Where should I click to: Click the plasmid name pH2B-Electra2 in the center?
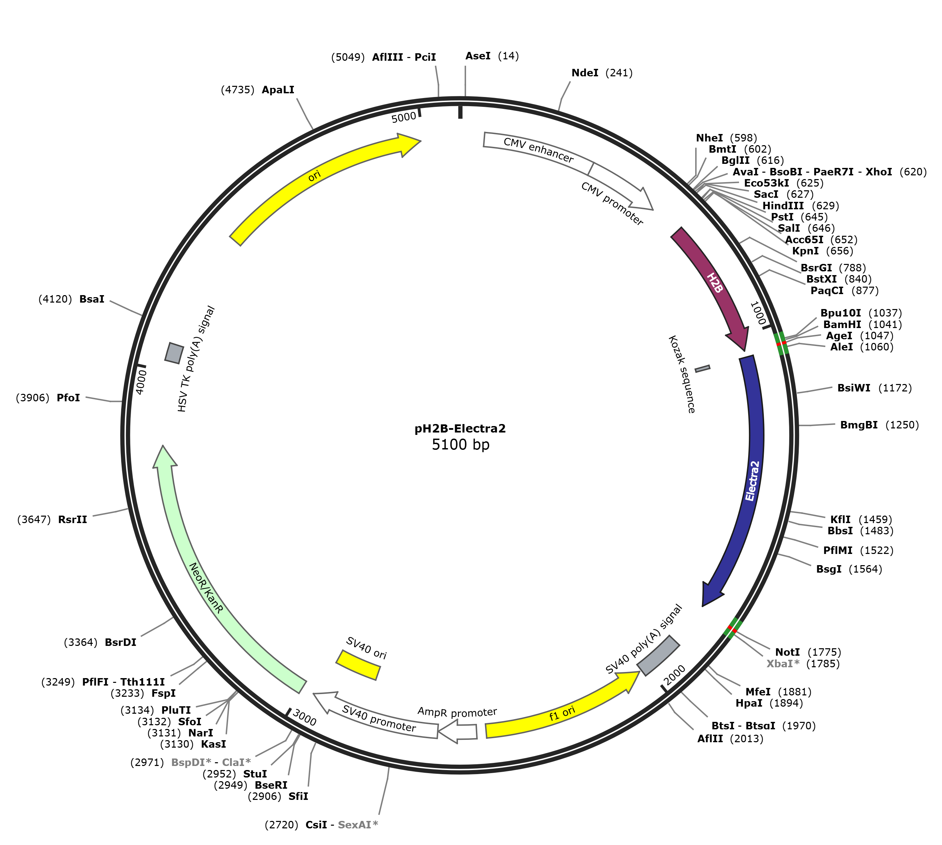[x=460, y=428]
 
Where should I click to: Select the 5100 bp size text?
[x=460, y=445]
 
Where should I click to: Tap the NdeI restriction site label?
[x=585, y=73]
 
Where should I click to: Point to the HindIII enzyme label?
[x=783, y=206]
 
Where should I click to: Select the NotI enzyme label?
[x=787, y=652]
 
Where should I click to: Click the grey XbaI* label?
[x=783, y=664]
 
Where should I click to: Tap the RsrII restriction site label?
[x=72, y=520]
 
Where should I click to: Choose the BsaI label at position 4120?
[x=92, y=299]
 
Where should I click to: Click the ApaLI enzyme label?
[x=278, y=90]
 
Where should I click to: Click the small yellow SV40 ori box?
[x=358, y=665]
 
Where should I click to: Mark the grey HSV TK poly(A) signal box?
[x=174, y=353]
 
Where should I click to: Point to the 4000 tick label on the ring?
[x=141, y=382]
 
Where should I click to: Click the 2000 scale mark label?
[x=675, y=675]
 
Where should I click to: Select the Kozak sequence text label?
[x=681, y=374]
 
